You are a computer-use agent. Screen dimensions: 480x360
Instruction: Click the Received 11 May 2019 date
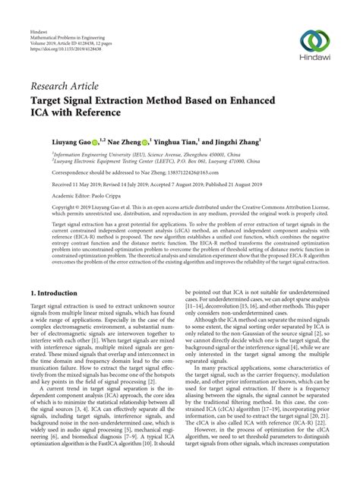[56, 183]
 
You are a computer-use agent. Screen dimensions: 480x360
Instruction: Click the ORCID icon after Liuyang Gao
[94, 141]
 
